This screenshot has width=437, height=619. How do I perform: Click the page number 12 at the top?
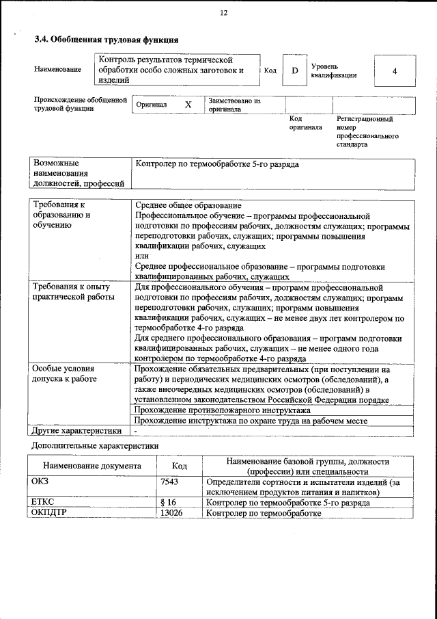(x=224, y=13)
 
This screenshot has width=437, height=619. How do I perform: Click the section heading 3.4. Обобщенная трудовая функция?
(x=107, y=40)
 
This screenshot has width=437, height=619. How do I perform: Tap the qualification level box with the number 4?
(x=395, y=71)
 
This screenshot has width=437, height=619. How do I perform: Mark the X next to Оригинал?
(x=188, y=105)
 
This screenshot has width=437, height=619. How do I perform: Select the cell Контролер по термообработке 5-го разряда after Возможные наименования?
(x=217, y=165)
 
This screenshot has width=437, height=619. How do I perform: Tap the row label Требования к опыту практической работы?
(x=74, y=292)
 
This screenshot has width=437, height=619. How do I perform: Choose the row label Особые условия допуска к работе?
(x=65, y=373)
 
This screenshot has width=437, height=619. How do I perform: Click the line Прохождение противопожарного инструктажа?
(x=223, y=410)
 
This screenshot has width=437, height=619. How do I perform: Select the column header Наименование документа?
(x=91, y=466)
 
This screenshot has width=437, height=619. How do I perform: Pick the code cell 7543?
(x=169, y=482)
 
